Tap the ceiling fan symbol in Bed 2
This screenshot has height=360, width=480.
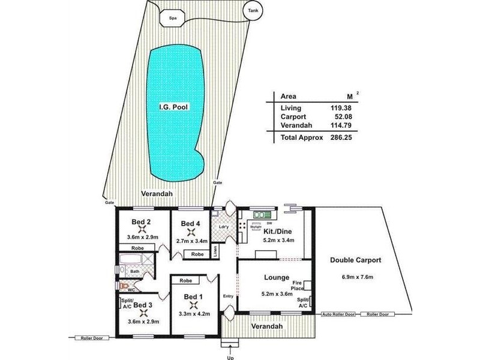[x=142, y=230]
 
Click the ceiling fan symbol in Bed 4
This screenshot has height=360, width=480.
[x=191, y=233]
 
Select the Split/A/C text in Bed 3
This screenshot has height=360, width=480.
[x=127, y=303]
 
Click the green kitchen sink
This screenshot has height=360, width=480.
[x=262, y=214]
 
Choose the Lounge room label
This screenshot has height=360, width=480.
[x=277, y=278]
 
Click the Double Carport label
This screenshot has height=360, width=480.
[x=356, y=260]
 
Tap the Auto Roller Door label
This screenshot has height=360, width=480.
[x=338, y=314]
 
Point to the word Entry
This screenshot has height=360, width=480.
[x=228, y=296]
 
